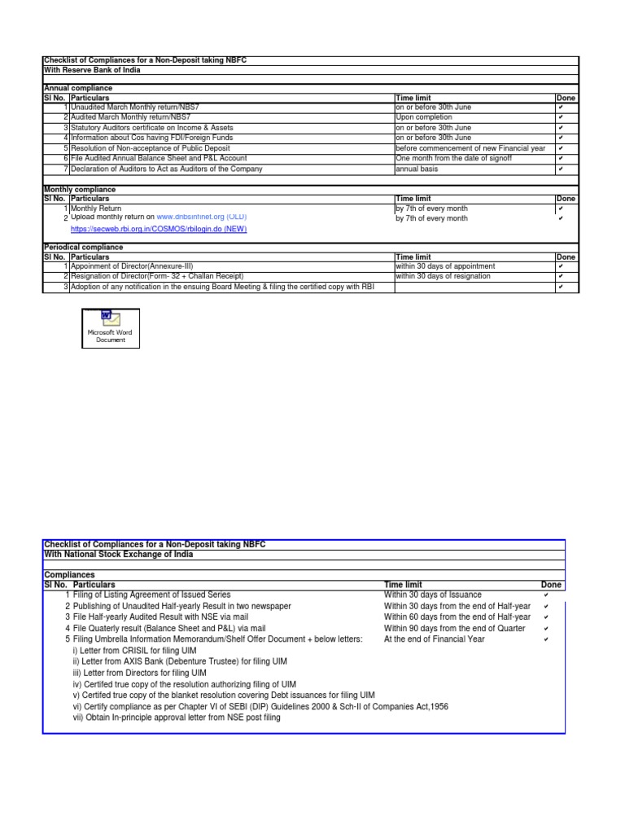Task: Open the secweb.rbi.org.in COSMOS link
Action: click(x=159, y=229)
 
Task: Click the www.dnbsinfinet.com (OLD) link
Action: click(x=201, y=217)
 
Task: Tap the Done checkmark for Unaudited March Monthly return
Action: click(x=561, y=108)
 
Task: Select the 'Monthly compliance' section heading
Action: click(x=78, y=189)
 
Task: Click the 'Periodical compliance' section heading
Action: click(x=83, y=247)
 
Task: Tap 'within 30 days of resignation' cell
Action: click(x=443, y=276)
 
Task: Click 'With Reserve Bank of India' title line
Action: click(x=91, y=70)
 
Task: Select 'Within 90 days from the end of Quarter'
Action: click(x=454, y=629)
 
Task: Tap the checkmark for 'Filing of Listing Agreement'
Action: click(x=545, y=595)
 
